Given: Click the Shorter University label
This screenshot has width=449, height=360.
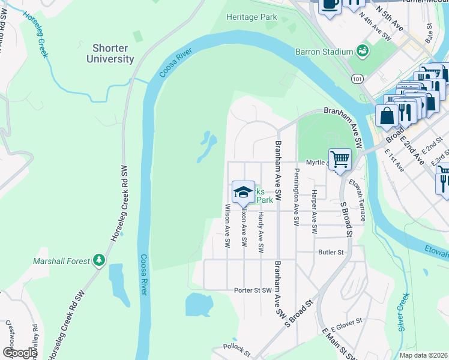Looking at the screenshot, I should click(110, 53).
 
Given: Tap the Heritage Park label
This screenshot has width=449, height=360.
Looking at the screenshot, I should click(252, 17).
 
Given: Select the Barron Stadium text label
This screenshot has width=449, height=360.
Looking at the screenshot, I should click(324, 52).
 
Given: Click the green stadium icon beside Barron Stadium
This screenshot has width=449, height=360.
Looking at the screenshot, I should click(362, 50).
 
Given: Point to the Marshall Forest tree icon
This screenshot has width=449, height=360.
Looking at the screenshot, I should click(99, 260).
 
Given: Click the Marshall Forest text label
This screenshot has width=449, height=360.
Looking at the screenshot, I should click(62, 261).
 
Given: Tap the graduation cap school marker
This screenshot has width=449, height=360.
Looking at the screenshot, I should click(242, 193).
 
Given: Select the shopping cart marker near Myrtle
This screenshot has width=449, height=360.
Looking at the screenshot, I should click(340, 159).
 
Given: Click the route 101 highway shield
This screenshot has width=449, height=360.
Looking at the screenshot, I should click(358, 79).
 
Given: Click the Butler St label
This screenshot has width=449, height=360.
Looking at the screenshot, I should click(331, 253).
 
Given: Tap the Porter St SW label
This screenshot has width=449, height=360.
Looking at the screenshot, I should click(253, 290).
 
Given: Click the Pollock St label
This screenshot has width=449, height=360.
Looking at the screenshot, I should click(235, 347).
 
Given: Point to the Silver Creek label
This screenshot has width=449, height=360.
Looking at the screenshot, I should click(403, 313).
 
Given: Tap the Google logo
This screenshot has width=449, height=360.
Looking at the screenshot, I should click(19, 353).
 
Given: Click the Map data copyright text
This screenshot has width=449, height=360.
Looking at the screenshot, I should click(423, 355).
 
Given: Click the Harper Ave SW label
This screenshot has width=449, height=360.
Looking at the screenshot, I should click(314, 211).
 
